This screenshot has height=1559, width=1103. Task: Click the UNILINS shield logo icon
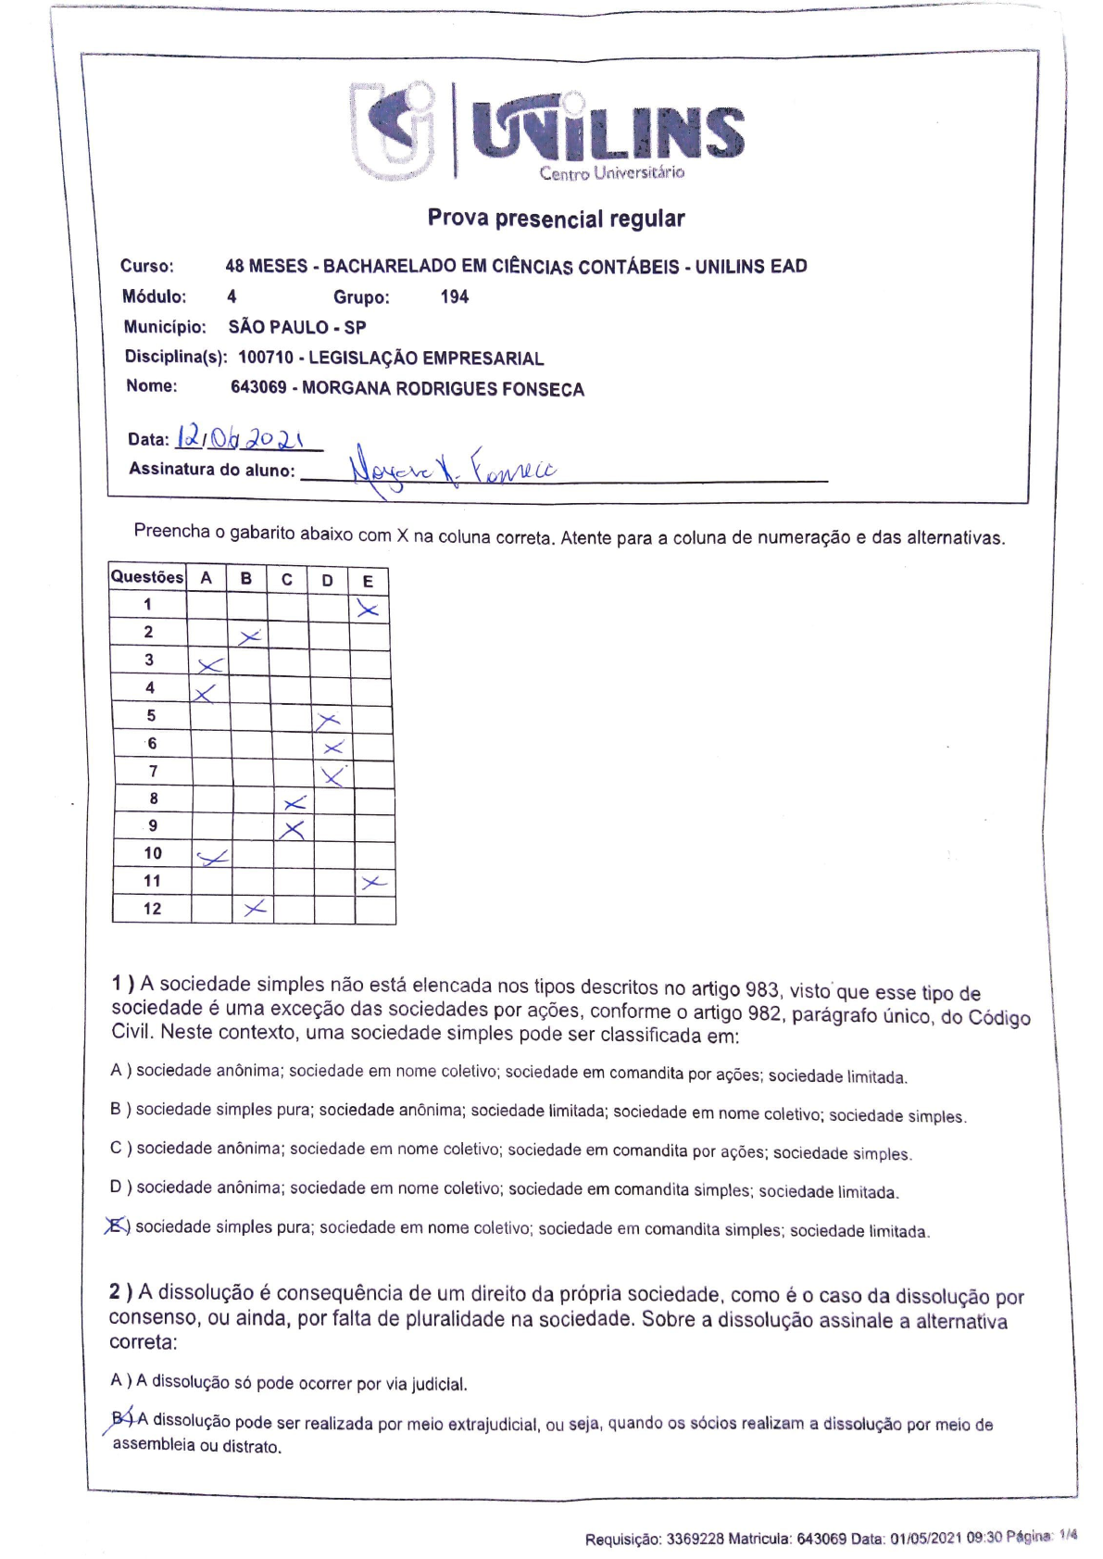(x=393, y=130)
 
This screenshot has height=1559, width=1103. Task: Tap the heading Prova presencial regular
(x=556, y=219)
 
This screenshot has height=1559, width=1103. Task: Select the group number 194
(x=454, y=296)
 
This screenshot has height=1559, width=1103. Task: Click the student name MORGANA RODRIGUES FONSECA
(x=443, y=389)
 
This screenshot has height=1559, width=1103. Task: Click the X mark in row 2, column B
(x=249, y=636)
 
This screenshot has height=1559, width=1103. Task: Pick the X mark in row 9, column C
(x=293, y=830)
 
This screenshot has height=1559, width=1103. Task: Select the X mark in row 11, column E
(x=373, y=883)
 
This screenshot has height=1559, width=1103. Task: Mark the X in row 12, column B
(x=254, y=909)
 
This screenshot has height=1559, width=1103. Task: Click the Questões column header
(x=147, y=576)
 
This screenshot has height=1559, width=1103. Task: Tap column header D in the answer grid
(x=327, y=580)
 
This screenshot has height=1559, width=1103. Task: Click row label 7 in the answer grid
(x=153, y=771)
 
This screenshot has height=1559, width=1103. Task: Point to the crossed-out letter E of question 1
(x=117, y=1226)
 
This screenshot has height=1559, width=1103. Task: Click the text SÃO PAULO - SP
(x=297, y=327)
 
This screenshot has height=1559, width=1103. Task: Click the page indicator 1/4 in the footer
(x=1068, y=1535)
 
